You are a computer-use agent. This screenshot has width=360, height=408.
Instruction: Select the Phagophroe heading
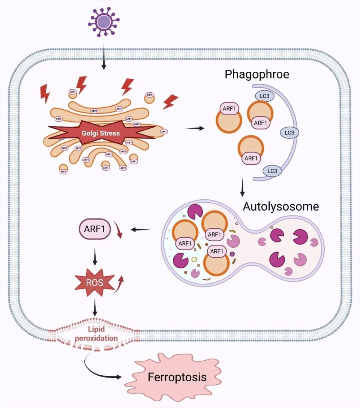click(257, 74)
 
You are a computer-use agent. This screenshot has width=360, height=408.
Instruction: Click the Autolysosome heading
click(281, 206)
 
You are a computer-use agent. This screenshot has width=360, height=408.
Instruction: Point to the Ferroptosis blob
click(177, 377)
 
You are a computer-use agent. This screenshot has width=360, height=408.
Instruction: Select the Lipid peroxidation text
click(96, 334)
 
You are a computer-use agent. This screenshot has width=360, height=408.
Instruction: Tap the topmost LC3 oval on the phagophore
click(265, 96)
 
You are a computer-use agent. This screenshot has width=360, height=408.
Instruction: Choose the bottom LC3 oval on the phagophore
click(272, 171)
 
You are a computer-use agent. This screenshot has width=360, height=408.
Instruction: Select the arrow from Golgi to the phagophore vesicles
click(195, 128)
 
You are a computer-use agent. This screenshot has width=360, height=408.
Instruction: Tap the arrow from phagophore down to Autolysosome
click(242, 188)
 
